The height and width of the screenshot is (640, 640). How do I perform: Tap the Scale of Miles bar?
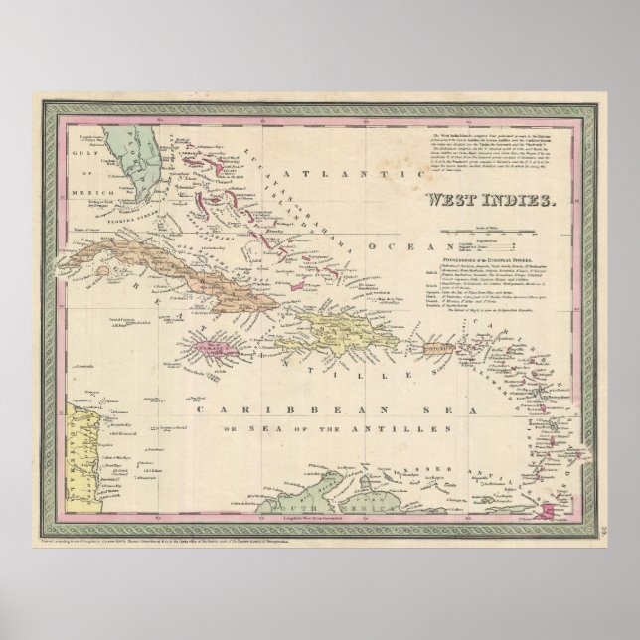click(486, 230)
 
